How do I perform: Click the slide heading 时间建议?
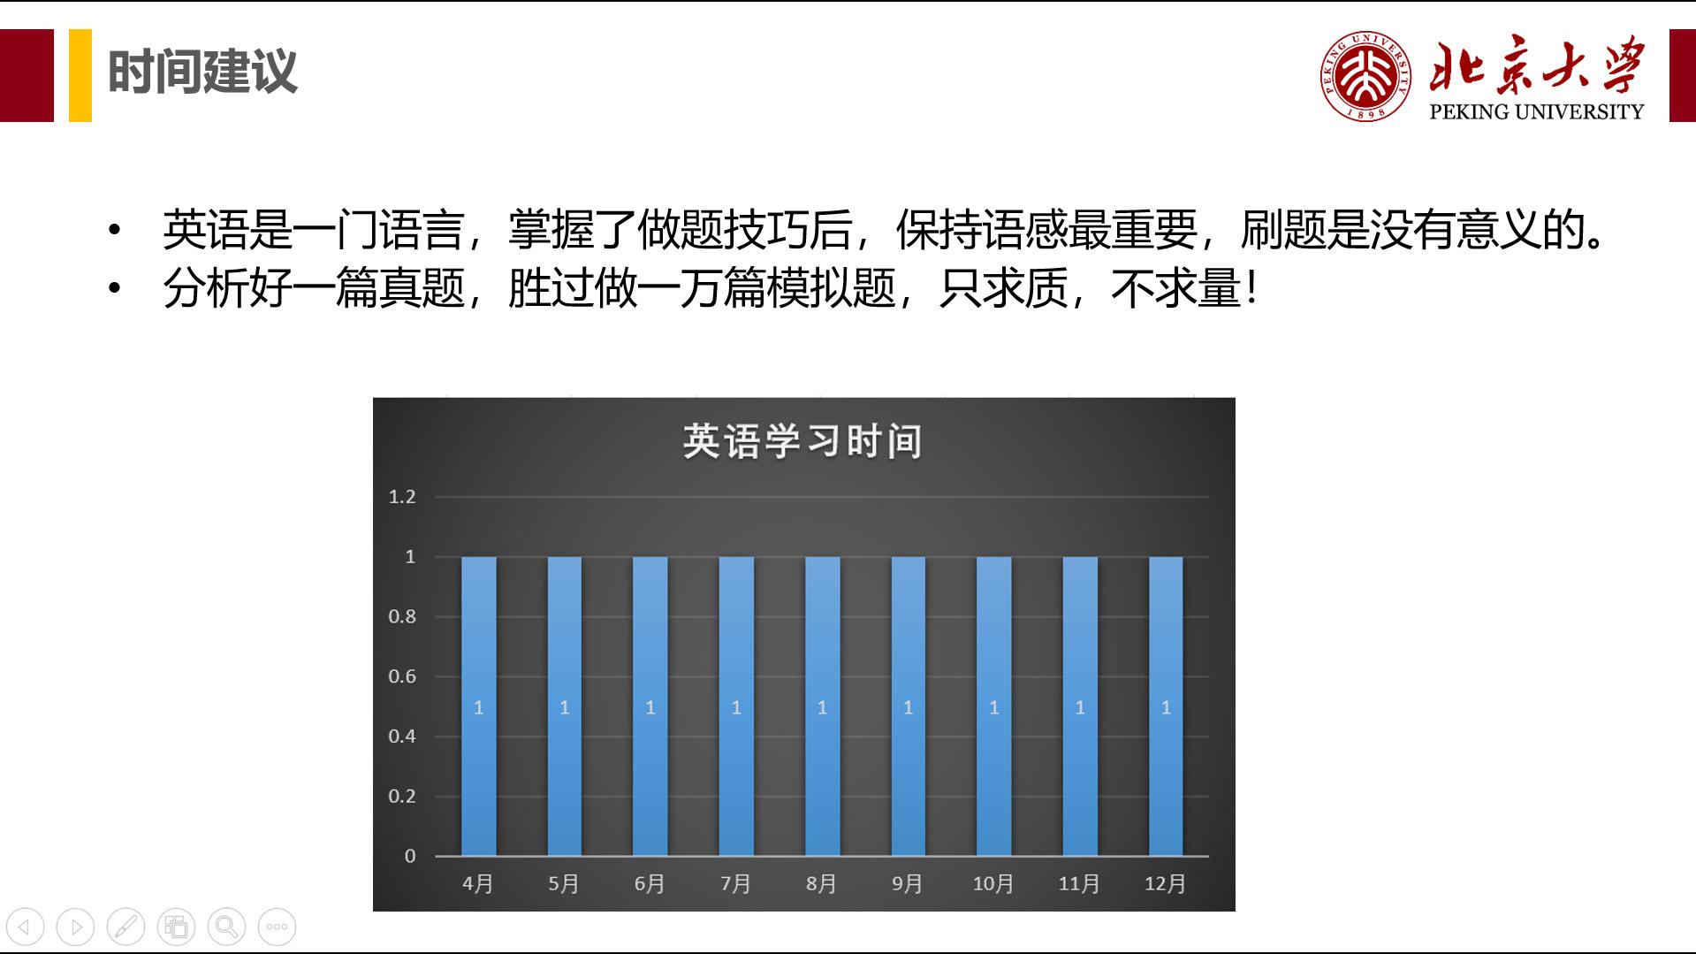(x=202, y=73)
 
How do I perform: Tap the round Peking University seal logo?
(x=1365, y=75)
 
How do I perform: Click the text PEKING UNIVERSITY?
(x=1536, y=112)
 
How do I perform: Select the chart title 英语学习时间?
(x=802, y=441)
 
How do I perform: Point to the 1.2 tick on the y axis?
(x=402, y=497)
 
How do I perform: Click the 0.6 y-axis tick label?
(x=402, y=677)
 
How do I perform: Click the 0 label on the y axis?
(x=410, y=856)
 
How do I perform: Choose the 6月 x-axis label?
(x=650, y=884)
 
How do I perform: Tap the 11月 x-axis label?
(x=1079, y=884)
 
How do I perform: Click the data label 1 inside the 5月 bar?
(x=565, y=708)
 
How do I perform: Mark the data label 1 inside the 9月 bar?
(x=908, y=708)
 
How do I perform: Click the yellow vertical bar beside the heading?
(x=80, y=75)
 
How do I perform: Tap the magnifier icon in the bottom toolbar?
(x=226, y=927)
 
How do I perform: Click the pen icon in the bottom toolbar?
(x=125, y=927)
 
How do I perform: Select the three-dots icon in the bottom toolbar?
(x=277, y=927)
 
